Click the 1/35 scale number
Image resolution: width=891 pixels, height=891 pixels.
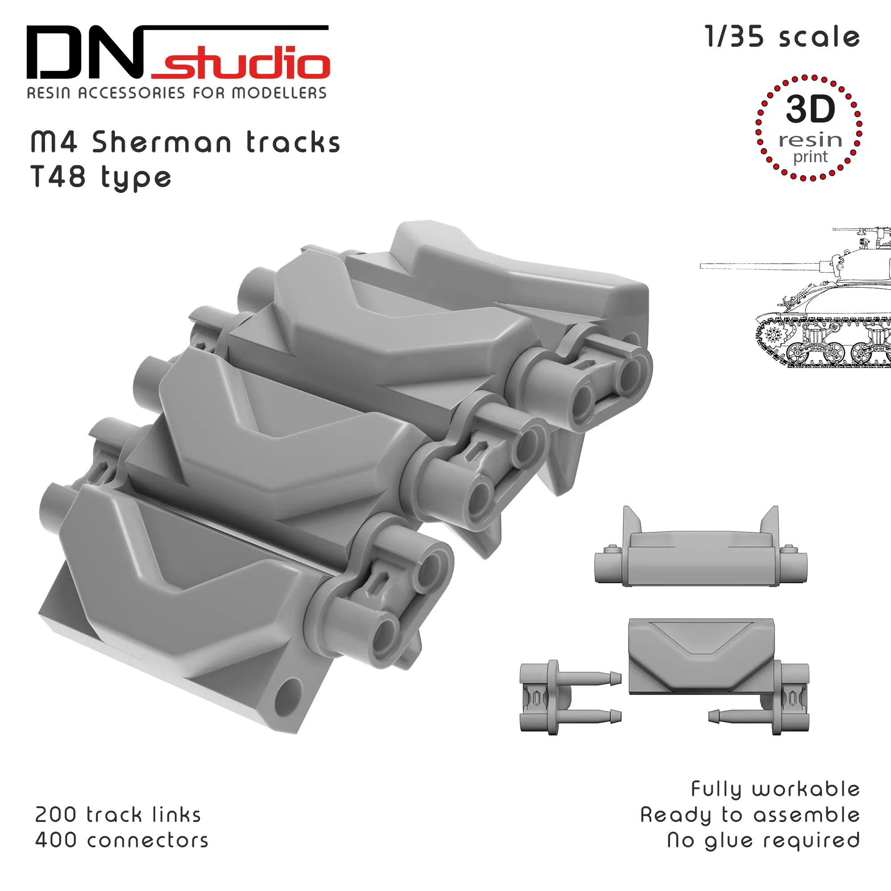(734, 37)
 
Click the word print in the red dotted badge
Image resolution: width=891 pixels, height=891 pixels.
(810, 157)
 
